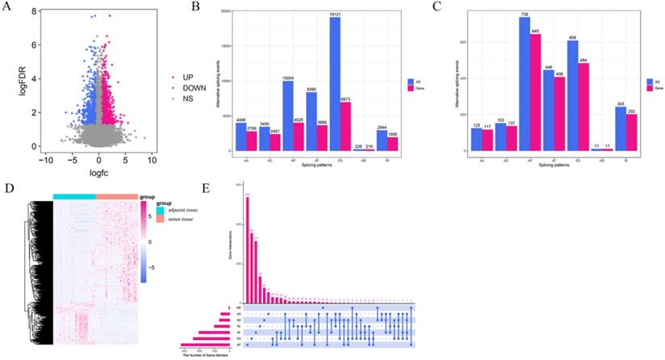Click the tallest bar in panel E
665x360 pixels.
248,249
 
